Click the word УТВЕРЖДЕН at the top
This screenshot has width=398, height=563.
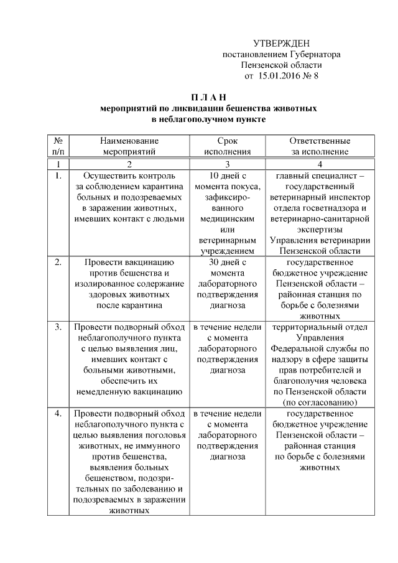point(282,43)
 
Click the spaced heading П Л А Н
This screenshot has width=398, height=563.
point(208,96)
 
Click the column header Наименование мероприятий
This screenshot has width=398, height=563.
point(129,146)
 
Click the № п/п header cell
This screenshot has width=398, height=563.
point(58,146)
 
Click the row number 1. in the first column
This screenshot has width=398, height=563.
point(58,175)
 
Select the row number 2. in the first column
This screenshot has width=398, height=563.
point(58,262)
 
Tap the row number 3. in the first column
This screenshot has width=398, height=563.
point(58,327)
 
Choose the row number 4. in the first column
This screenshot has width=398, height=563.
point(58,413)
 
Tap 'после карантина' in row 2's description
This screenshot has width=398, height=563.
point(129,305)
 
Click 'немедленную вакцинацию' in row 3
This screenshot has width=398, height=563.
point(129,391)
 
